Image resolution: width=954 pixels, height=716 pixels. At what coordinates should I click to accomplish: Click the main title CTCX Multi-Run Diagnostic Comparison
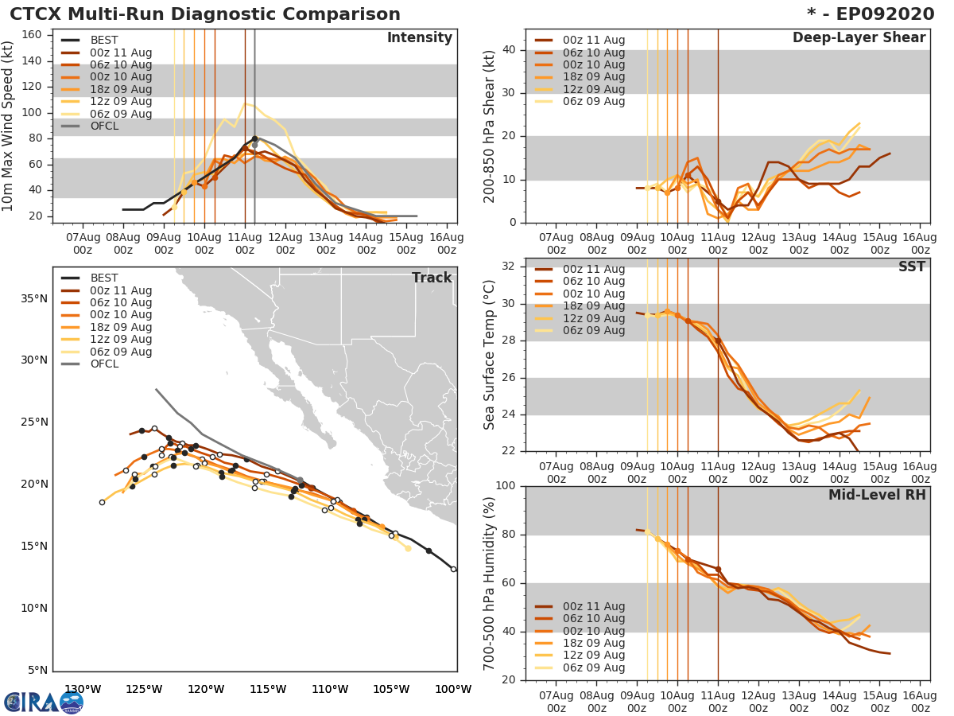(x=205, y=14)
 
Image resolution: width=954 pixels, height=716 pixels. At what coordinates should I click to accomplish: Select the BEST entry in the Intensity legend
(x=103, y=41)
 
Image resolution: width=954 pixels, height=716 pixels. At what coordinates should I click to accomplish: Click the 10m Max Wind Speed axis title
(x=9, y=123)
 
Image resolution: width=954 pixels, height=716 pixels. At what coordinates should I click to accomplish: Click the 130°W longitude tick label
(x=83, y=690)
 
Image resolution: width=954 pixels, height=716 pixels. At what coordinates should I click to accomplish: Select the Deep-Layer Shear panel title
(x=859, y=38)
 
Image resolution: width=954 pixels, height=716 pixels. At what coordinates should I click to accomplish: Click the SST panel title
(x=911, y=267)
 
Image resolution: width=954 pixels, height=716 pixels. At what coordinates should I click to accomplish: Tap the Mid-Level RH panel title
(x=877, y=496)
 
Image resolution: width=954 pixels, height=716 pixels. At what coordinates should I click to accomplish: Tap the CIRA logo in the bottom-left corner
(x=43, y=702)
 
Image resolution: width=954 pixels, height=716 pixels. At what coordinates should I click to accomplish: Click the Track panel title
(x=431, y=278)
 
